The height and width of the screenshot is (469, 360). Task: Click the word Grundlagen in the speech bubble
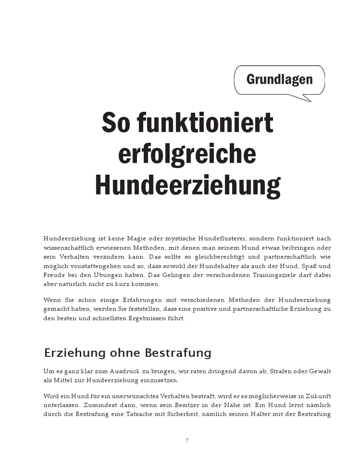pos(279,79)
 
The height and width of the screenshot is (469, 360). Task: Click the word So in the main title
pos(116,123)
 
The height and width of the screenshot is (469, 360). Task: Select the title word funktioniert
pos(205,123)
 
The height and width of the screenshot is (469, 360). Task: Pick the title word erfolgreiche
pos(187,154)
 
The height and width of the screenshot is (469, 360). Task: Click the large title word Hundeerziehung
pos(187,185)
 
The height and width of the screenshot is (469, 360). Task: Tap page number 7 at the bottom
pos(187,440)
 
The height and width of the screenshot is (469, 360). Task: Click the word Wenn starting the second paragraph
pos(52,300)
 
